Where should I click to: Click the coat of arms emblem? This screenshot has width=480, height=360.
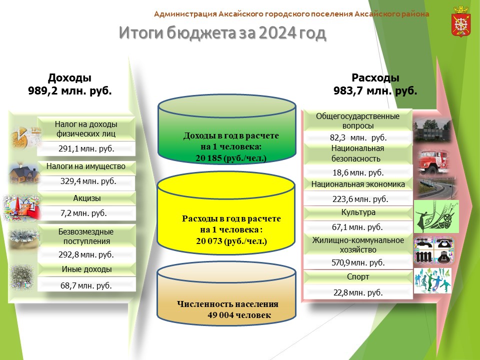pos(461,21)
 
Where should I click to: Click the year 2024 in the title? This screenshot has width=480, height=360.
pos(277,33)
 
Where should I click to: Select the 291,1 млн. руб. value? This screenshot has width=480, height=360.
pos(86,149)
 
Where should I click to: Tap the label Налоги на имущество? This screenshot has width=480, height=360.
pos(86,166)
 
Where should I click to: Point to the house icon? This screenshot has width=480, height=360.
pos(23,174)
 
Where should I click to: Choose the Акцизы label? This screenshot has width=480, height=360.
pos(87,198)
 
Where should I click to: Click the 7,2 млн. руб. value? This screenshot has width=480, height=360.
pos(83,213)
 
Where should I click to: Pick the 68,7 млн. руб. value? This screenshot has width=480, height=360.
pos(86,285)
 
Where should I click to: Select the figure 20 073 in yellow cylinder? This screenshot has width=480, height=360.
pos(209,241)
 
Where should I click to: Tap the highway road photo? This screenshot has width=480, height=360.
pos(434,187)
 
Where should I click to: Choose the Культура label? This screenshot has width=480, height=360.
pos(358,212)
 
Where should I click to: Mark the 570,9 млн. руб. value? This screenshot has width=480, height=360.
pos(358,262)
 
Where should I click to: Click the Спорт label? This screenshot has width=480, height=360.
pos(358,276)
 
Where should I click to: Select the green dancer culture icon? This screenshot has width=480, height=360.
pos(436,216)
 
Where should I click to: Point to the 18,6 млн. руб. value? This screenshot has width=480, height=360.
pos(358,172)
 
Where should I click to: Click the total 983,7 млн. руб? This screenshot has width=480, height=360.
pos(375,91)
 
